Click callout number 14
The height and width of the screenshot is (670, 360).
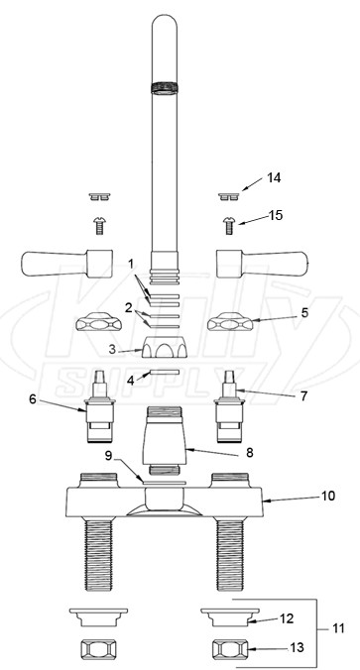[274, 177]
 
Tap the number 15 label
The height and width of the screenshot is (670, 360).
[276, 215]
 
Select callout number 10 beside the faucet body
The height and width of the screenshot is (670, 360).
[328, 496]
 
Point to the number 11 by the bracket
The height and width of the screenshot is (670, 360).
[338, 628]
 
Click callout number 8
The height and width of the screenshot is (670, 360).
[249, 452]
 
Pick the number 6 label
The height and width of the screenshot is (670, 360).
[33, 399]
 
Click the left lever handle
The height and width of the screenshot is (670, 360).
[67, 264]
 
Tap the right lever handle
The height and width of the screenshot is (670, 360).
[263, 264]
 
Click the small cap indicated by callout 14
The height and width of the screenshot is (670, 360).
[230, 196]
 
